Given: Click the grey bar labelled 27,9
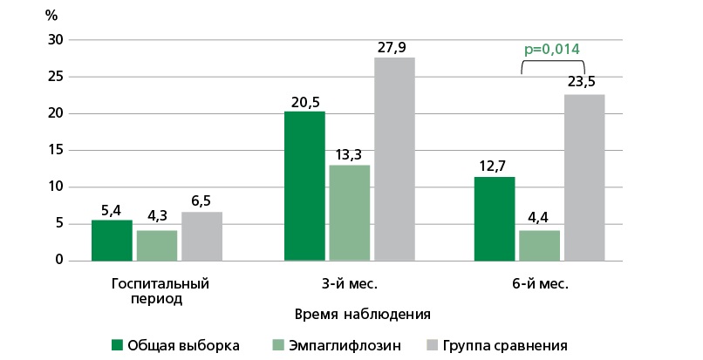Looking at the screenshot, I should pos(394,159).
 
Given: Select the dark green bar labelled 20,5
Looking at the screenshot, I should pos(304,186).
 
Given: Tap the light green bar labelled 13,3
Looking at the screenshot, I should pos(349,212).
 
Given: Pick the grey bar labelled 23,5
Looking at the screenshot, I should pos(584,177).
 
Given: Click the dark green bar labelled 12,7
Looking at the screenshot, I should pos(495,218).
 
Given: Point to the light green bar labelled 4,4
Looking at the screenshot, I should pos(539,245).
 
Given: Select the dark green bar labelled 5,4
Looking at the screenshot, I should pos(112,240).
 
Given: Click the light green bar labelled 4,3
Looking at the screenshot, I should pos(157,245).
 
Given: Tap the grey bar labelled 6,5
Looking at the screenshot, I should pos(201,235).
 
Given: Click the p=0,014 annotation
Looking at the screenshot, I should pos(551,49).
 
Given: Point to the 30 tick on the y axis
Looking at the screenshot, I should pos(56,40).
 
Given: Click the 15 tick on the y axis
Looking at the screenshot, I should pos(56,150).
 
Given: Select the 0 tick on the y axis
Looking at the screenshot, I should pos(59,260).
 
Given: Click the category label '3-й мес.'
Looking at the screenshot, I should pos(350,283).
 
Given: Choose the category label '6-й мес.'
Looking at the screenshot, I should pos(540,283).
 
